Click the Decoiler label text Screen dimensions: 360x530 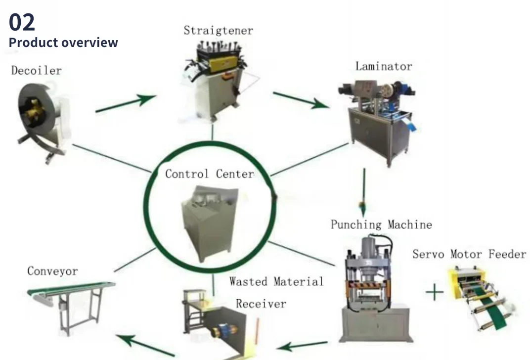click(x=36, y=71)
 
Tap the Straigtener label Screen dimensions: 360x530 click(x=218, y=30)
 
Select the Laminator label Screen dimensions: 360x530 click(x=383, y=66)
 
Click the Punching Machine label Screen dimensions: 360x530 click(x=381, y=225)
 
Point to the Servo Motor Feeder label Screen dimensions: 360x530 click(x=469, y=255)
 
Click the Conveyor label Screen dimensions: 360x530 click(x=52, y=271)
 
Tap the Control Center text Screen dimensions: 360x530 click(x=209, y=174)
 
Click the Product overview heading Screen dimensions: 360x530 click(x=63, y=43)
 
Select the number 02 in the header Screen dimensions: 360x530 click(x=22, y=22)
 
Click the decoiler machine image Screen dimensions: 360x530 click(x=42, y=119)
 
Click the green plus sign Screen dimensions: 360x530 click(x=435, y=292)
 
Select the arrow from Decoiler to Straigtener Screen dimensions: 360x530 click(x=126, y=103)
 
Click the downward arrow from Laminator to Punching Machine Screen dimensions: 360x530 click(x=364, y=188)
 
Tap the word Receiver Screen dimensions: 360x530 click(x=261, y=303)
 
